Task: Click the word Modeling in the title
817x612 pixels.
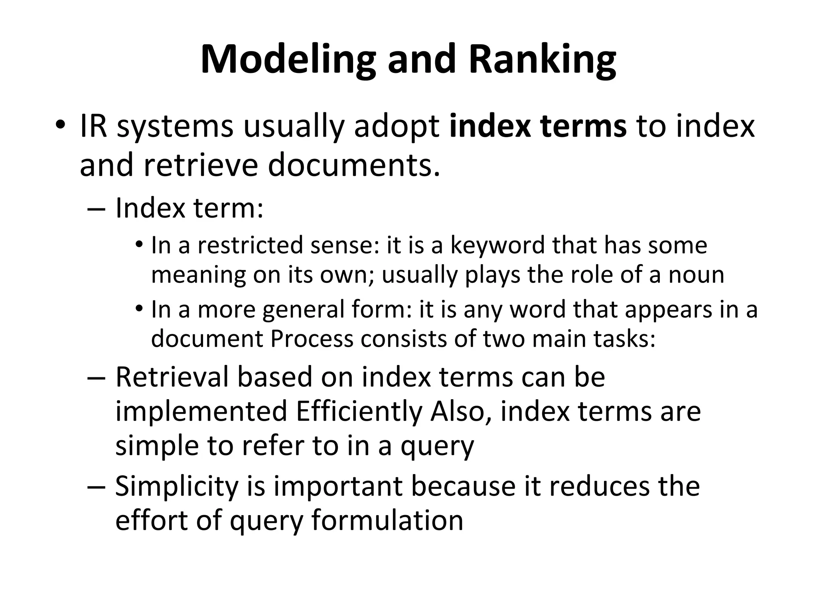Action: tap(287, 60)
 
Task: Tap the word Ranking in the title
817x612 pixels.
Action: tap(542, 60)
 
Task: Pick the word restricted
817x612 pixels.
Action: tap(251, 245)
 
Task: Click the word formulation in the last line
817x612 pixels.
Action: tap(387, 520)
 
